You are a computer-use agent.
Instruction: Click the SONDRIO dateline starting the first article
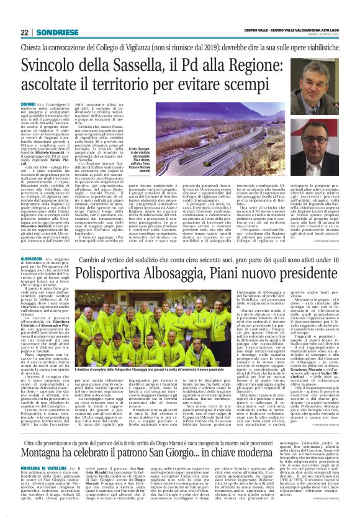coord(29,102)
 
